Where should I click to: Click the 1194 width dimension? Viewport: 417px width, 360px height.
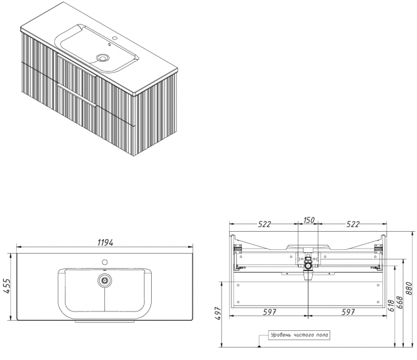pyautogui.click(x=105, y=243)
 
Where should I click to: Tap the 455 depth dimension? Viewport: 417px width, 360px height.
pyautogui.click(x=8, y=286)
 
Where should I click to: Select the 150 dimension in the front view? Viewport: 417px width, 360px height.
pyautogui.click(x=309, y=220)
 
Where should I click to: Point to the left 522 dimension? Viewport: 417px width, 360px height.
pyautogui.click(x=264, y=224)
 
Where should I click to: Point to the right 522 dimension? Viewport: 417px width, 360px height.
pyautogui.click(x=353, y=224)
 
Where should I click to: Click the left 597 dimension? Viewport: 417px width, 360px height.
pyautogui.click(x=269, y=312)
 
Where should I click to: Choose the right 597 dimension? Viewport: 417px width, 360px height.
pyautogui.click(x=348, y=312)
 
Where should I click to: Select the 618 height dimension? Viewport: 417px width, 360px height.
pyautogui.click(x=391, y=306)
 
